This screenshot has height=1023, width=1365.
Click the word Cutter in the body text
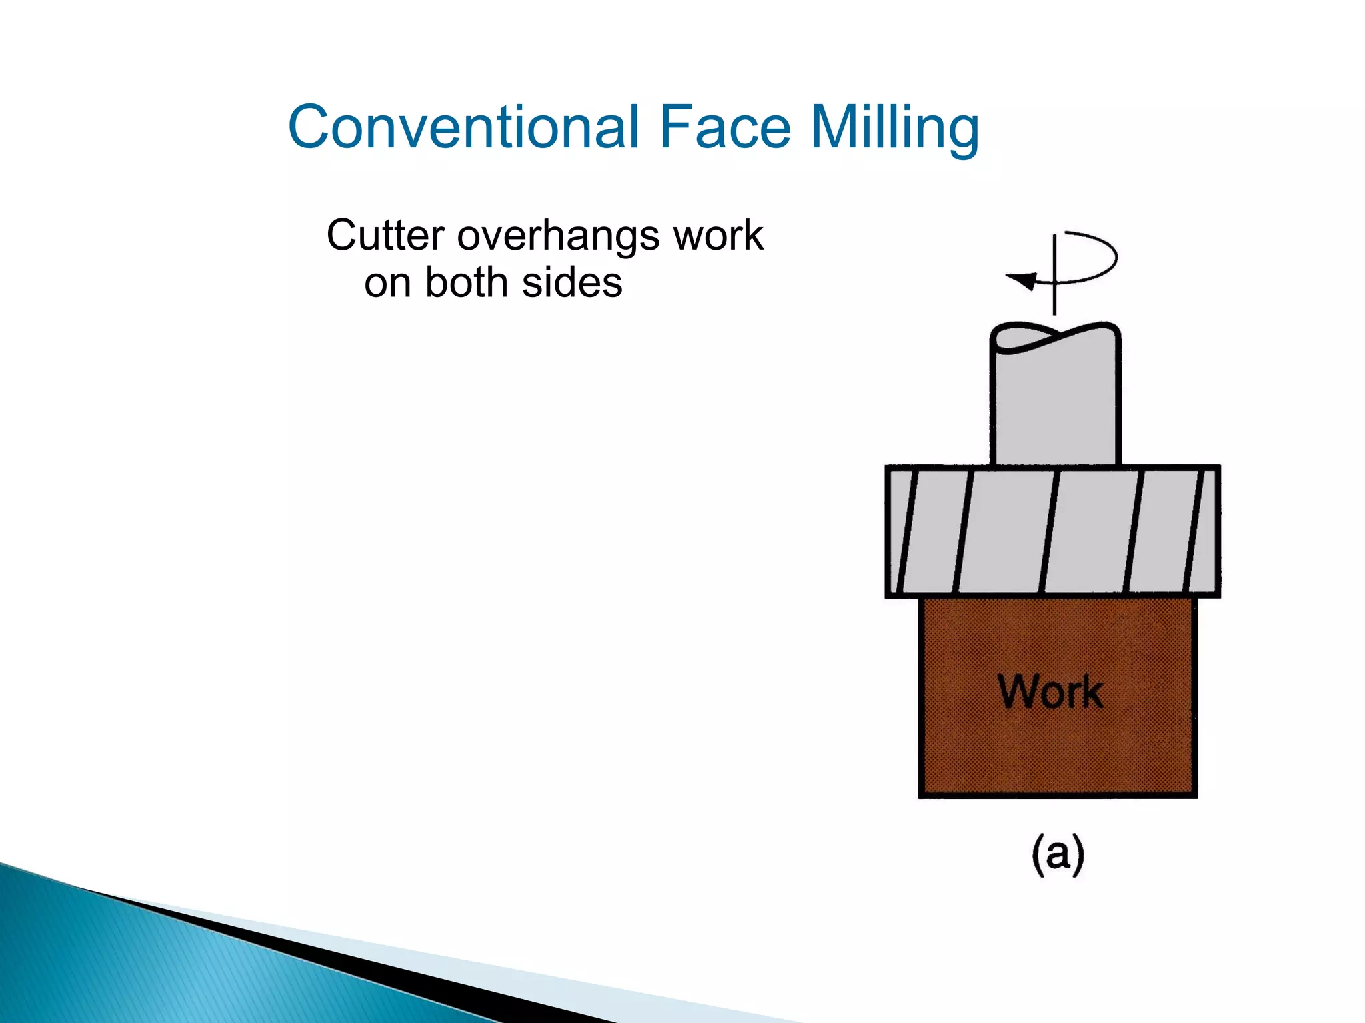click(x=385, y=236)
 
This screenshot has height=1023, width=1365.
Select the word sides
click(x=572, y=282)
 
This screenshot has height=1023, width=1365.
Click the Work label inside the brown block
click(x=1050, y=692)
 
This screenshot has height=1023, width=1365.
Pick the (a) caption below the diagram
click(x=1058, y=853)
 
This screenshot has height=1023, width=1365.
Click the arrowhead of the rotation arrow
click(x=1022, y=280)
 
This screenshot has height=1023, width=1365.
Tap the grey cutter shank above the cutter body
click(x=1055, y=406)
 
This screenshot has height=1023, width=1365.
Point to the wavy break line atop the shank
click(x=1055, y=337)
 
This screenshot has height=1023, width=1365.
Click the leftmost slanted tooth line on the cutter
click(x=907, y=531)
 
